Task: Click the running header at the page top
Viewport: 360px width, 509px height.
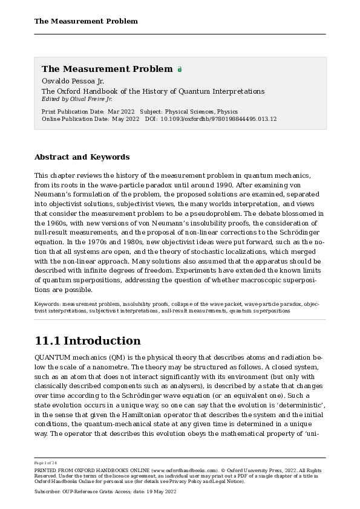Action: (86, 21)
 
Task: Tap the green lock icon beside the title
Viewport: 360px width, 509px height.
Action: (180, 70)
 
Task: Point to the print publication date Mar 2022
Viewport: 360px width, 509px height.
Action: (121, 112)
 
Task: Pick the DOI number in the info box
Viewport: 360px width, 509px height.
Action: (218, 119)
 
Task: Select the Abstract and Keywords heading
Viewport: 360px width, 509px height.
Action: (82, 157)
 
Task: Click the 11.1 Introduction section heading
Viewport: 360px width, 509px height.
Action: (88, 341)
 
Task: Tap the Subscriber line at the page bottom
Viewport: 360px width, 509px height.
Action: (105, 492)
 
